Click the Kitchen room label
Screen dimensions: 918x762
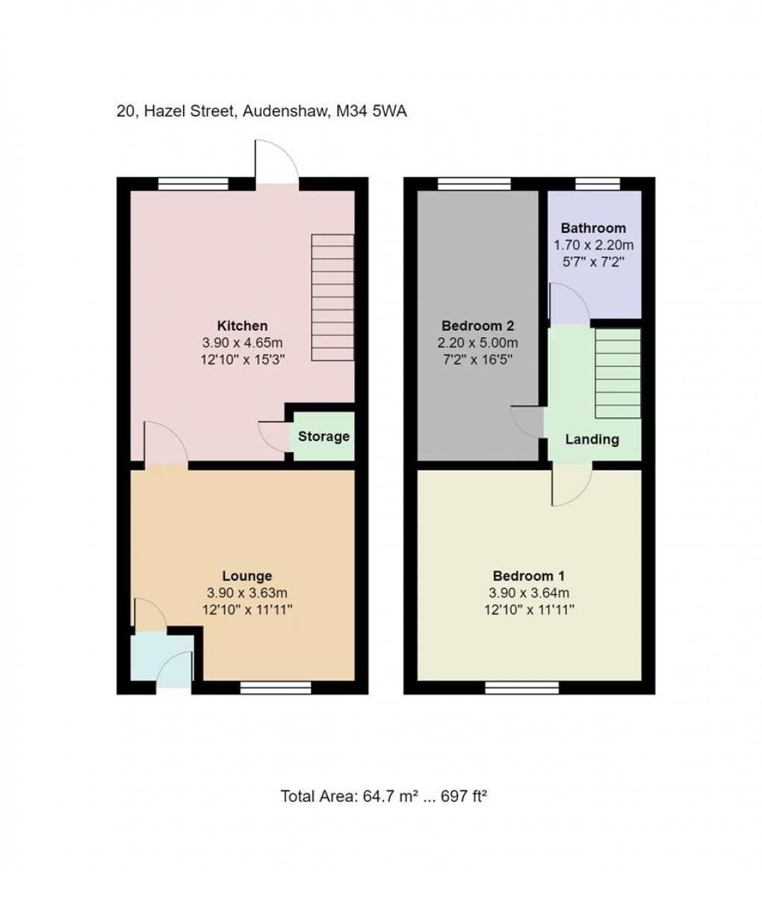(x=242, y=326)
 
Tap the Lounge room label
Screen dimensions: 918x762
(x=247, y=576)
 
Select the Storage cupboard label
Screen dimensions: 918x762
(x=323, y=437)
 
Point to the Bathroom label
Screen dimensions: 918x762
(x=593, y=228)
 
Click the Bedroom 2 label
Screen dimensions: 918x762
(x=477, y=326)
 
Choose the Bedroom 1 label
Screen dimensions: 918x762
(x=528, y=576)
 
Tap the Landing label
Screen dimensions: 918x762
(x=592, y=440)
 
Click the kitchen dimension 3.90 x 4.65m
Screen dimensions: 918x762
(x=242, y=343)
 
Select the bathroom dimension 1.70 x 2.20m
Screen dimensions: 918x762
(x=593, y=245)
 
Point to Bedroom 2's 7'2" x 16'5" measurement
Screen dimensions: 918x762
(x=477, y=360)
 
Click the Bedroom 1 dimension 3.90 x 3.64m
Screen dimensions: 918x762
(x=528, y=593)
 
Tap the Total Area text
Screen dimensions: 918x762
(x=384, y=796)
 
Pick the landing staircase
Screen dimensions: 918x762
(x=618, y=373)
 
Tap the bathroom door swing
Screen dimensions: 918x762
(x=568, y=306)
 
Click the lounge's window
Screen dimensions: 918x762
(x=276, y=687)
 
